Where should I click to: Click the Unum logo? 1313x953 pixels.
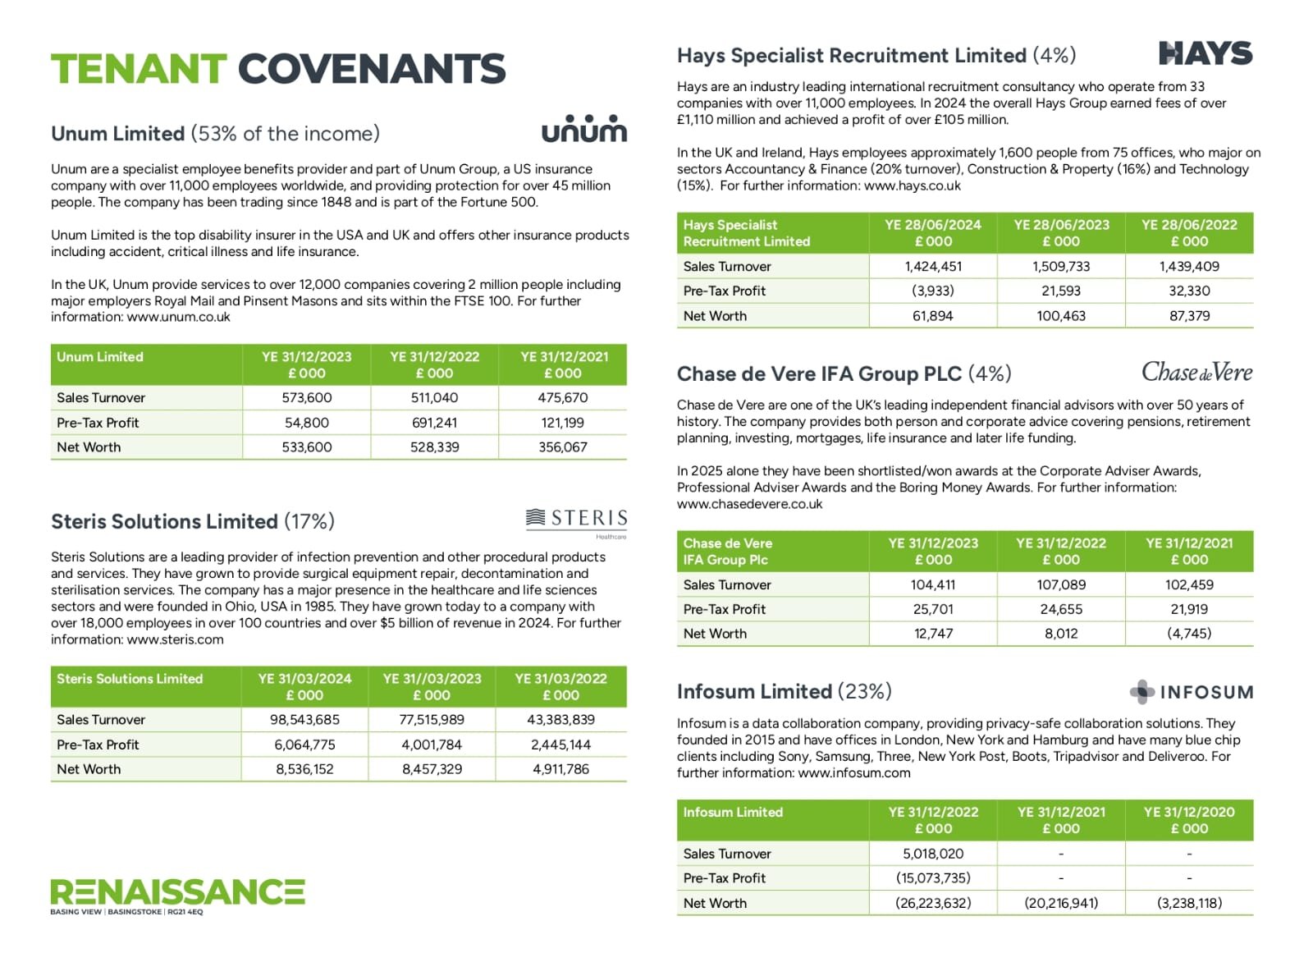(x=583, y=130)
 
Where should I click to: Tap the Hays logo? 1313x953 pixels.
(x=1205, y=54)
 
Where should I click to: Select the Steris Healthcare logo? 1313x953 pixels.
(x=576, y=520)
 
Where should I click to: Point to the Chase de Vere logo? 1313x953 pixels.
(x=1196, y=373)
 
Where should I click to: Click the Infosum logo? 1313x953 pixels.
(x=1192, y=692)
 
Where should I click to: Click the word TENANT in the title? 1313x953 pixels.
(x=138, y=69)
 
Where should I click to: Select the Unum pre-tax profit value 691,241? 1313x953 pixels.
(x=434, y=423)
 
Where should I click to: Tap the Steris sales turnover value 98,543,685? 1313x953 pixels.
(x=304, y=720)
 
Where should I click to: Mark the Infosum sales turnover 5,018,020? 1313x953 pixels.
(x=933, y=854)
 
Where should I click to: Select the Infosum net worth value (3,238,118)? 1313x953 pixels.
(x=1189, y=903)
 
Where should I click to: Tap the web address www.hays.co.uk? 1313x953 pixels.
(x=912, y=186)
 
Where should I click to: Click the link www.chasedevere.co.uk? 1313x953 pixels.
(x=749, y=504)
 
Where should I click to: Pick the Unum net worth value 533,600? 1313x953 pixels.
(x=306, y=447)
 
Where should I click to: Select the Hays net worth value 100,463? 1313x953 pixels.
(x=1061, y=316)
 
